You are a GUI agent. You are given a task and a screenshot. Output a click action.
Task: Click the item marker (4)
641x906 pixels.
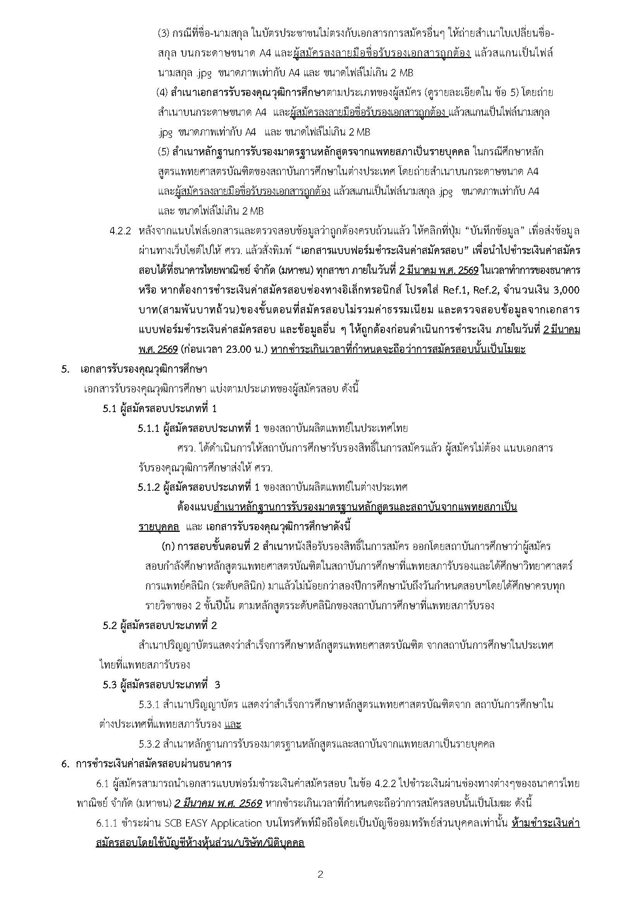point(162,93)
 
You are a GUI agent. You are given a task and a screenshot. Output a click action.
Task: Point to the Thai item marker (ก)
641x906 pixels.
point(168,547)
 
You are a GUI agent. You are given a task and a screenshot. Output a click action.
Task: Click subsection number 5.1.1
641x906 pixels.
point(148,428)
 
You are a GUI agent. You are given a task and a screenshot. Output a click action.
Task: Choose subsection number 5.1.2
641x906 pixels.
point(148,487)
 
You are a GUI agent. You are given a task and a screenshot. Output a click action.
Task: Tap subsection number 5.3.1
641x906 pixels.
point(149,704)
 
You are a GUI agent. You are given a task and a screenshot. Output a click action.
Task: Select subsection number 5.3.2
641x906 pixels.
point(149,744)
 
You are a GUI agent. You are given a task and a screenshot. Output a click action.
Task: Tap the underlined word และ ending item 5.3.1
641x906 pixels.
point(233,724)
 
